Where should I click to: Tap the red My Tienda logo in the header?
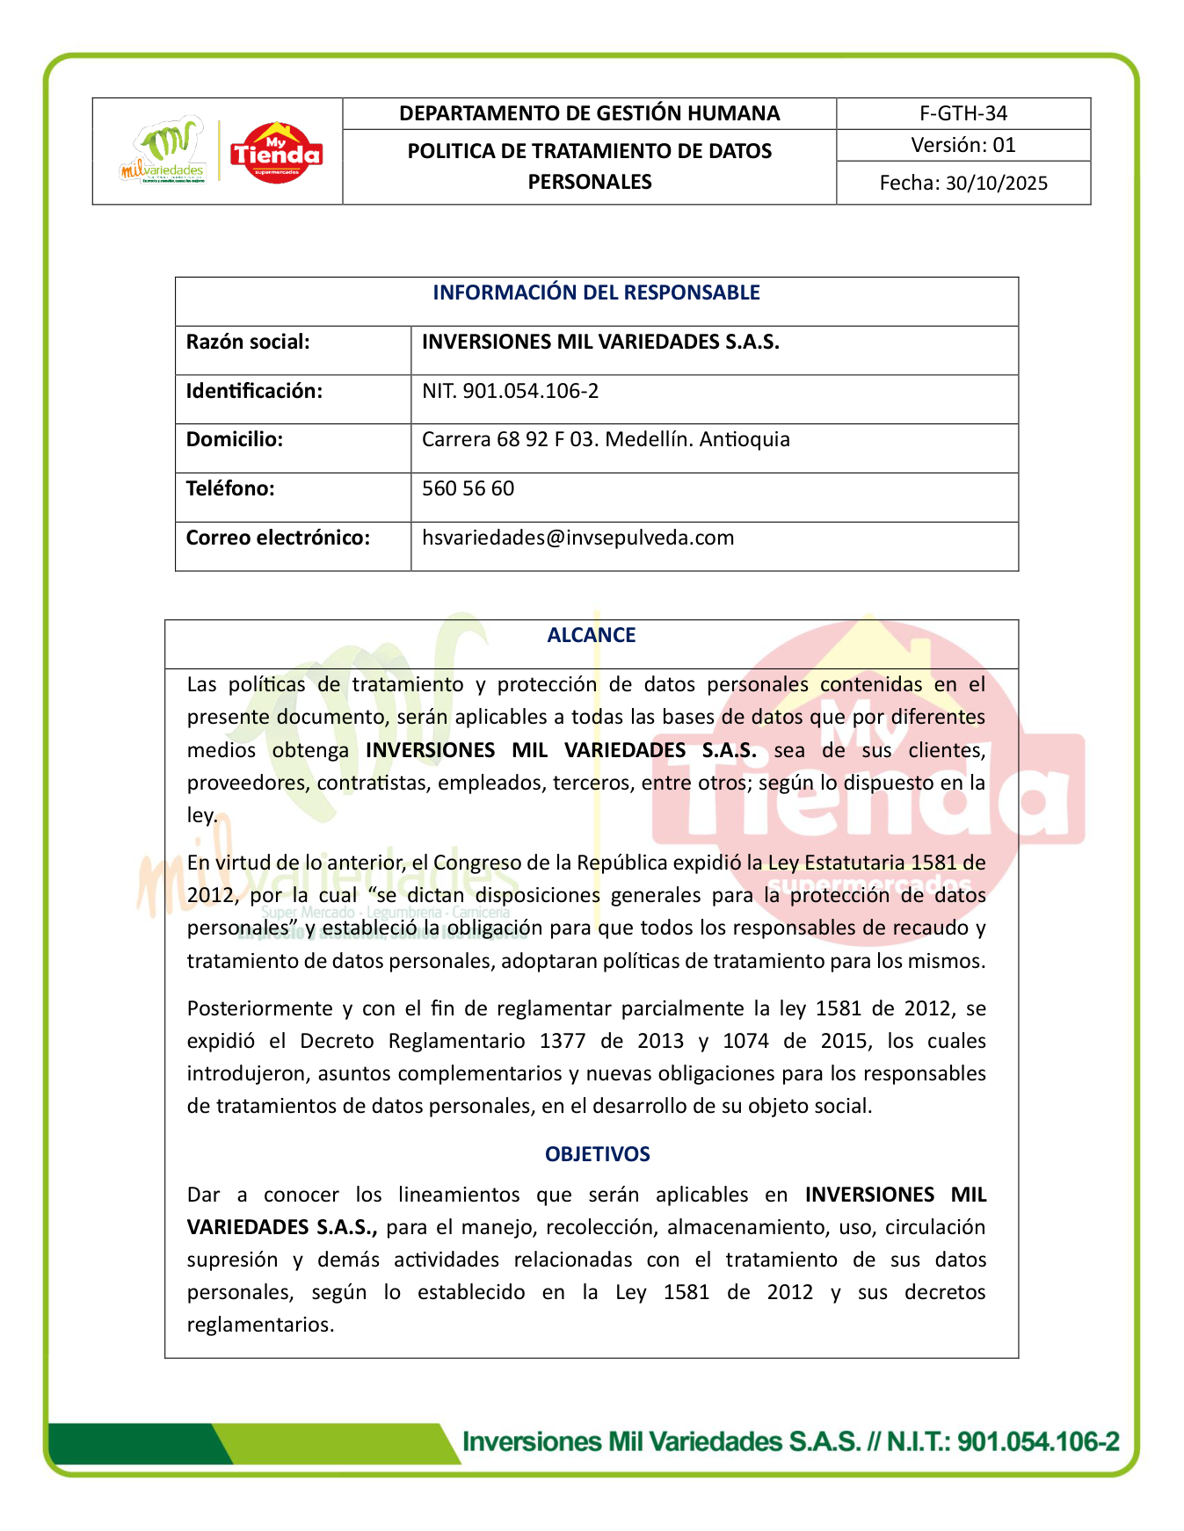[277, 153]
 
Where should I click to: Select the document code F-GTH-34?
[963, 113]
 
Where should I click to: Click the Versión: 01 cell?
[963, 145]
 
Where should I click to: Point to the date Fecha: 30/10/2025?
[963, 183]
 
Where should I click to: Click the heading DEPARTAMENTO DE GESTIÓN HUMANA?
[589, 113]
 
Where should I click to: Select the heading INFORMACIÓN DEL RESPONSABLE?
[596, 292]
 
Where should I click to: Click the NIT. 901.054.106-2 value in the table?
[510, 391]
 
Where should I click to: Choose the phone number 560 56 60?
[468, 488]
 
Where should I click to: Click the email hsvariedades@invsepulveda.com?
[577, 538]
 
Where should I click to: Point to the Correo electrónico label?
[278, 538]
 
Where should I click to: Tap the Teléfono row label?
[230, 488]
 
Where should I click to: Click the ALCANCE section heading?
[591, 635]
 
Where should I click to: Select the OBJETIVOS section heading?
[598, 1154]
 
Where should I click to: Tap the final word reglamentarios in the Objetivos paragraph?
[260, 1325]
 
